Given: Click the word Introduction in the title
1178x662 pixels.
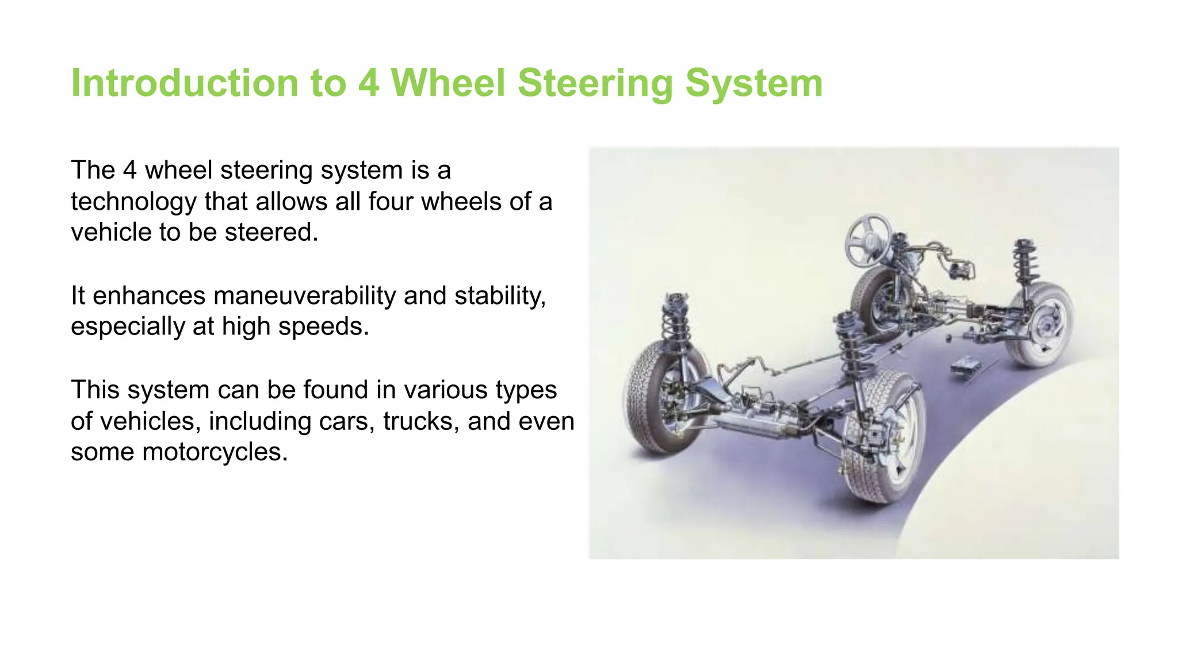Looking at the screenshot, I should (x=184, y=83).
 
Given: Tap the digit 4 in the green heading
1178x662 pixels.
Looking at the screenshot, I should (x=369, y=83).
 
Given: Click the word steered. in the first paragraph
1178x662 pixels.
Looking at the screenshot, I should (x=271, y=233).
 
